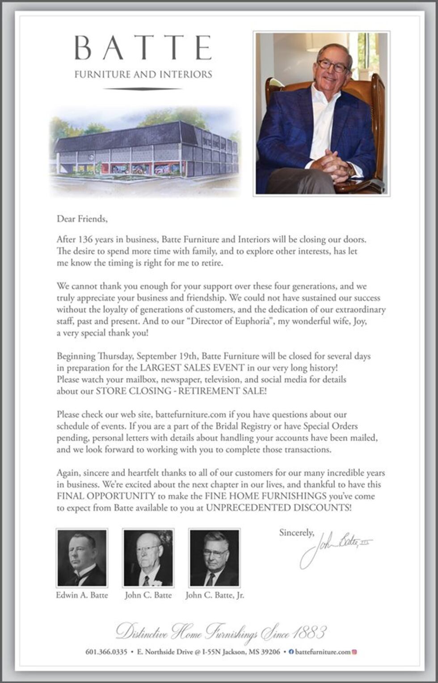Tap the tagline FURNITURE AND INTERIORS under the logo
(143, 74)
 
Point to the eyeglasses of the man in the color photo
(333, 65)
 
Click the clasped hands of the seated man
(331, 163)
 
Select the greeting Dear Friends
(82, 219)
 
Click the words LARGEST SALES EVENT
(192, 368)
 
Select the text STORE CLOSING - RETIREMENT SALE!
(181, 391)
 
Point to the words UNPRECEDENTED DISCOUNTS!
(279, 508)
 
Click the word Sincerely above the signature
(296, 532)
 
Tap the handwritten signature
(335, 547)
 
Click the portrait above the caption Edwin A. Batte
(82, 558)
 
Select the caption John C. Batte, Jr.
(215, 595)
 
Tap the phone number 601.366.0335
(106, 652)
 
